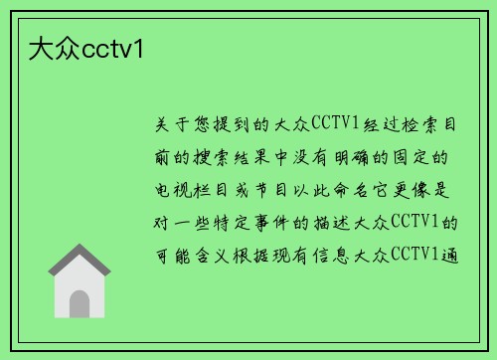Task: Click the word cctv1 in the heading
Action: (113, 47)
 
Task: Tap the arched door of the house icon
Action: (80, 301)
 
